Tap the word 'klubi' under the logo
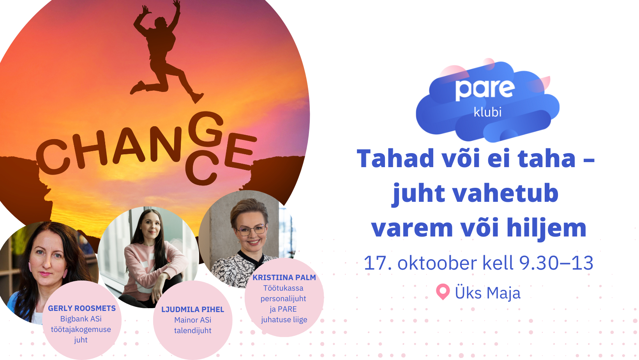487,112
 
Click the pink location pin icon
443,291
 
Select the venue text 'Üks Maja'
487,293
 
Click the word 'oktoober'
437,263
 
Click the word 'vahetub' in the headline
505,193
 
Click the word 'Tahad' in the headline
395,159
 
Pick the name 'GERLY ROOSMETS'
82,308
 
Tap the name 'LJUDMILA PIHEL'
193,309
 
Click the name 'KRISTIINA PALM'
284,277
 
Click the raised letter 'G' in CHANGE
205,128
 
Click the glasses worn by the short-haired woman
252,230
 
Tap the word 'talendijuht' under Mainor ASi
193,331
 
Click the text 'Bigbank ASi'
81,319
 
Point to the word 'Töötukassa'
283,288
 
